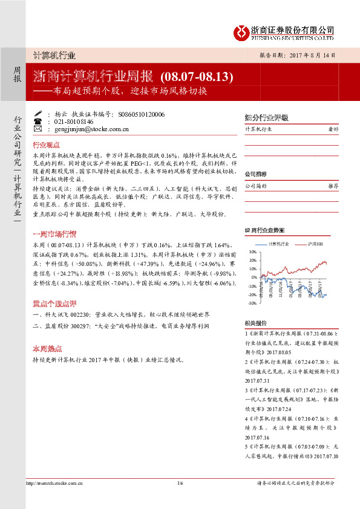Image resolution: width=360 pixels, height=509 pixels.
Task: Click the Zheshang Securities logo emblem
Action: (x=242, y=31)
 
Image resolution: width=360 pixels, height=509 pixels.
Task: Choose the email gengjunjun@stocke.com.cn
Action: (x=91, y=129)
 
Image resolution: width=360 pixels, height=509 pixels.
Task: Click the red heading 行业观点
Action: (x=46, y=145)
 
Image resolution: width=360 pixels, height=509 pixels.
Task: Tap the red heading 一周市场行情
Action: (x=54, y=233)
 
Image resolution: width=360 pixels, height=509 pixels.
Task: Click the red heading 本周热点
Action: (x=46, y=349)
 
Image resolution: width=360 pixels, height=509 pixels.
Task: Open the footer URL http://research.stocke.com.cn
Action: (x=54, y=483)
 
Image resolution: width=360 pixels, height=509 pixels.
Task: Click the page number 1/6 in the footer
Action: (x=180, y=483)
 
